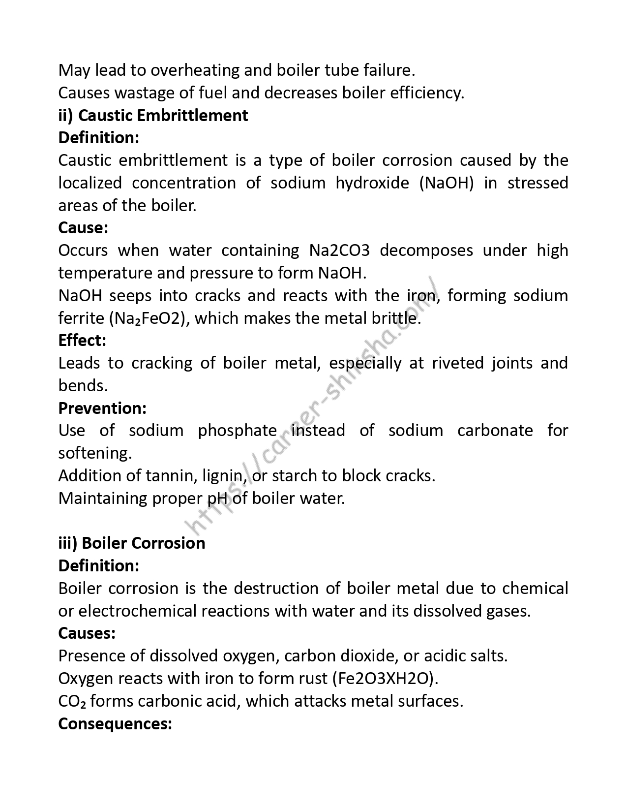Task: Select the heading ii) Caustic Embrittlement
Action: pyautogui.click(x=153, y=116)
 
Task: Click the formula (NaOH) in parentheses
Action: pyautogui.click(x=447, y=183)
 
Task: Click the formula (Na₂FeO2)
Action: pyautogui.click(x=149, y=318)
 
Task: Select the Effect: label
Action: pyautogui.click(x=82, y=341)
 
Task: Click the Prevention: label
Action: pyautogui.click(x=102, y=408)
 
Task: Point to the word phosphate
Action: pyautogui.click(x=238, y=431)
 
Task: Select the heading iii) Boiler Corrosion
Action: pyautogui.click(x=132, y=543)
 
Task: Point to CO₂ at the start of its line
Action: pyautogui.click(x=72, y=701)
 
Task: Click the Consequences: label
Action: pyautogui.click(x=115, y=724)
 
